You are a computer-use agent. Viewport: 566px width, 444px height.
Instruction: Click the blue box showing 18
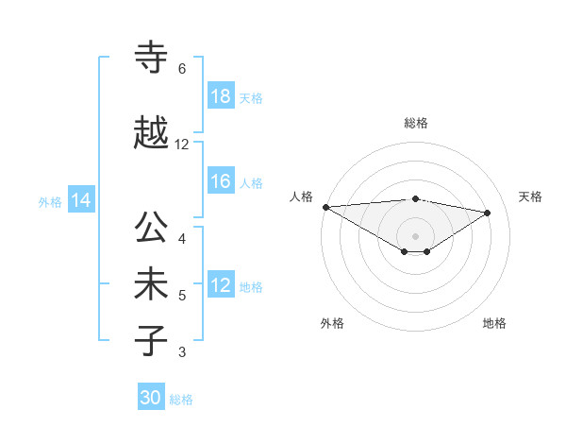pyautogui.click(x=221, y=96)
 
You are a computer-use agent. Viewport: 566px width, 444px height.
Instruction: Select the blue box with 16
pyautogui.click(x=221, y=181)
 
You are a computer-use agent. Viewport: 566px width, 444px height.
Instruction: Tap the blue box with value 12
pyautogui.click(x=221, y=285)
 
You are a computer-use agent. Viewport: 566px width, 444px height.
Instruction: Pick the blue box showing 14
pyautogui.click(x=81, y=200)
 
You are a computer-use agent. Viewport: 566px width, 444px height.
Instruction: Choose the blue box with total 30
pyautogui.click(x=151, y=398)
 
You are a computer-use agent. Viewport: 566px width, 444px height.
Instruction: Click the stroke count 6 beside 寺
pyautogui.click(x=182, y=69)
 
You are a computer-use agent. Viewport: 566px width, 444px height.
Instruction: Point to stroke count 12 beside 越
pyautogui.click(x=182, y=145)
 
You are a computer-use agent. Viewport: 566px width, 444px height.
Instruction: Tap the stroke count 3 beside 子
pyautogui.click(x=182, y=352)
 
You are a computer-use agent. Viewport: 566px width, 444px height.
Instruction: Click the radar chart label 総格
pyautogui.click(x=416, y=123)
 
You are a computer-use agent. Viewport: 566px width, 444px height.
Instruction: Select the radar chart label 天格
pyautogui.click(x=530, y=196)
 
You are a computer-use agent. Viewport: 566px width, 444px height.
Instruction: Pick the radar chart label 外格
pyautogui.click(x=331, y=323)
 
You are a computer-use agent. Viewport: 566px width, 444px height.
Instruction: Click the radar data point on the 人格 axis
pyautogui.click(x=325, y=207)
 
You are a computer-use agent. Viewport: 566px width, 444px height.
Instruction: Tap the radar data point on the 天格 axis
pyautogui.click(x=488, y=213)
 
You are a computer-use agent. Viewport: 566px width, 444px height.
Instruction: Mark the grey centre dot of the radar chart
pyautogui.click(x=416, y=235)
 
